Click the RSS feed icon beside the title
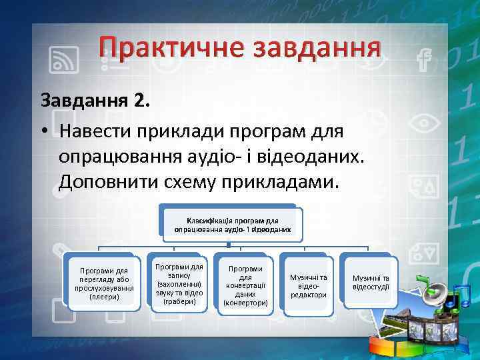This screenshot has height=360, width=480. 66,61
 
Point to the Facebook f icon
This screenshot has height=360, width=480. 421,61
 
